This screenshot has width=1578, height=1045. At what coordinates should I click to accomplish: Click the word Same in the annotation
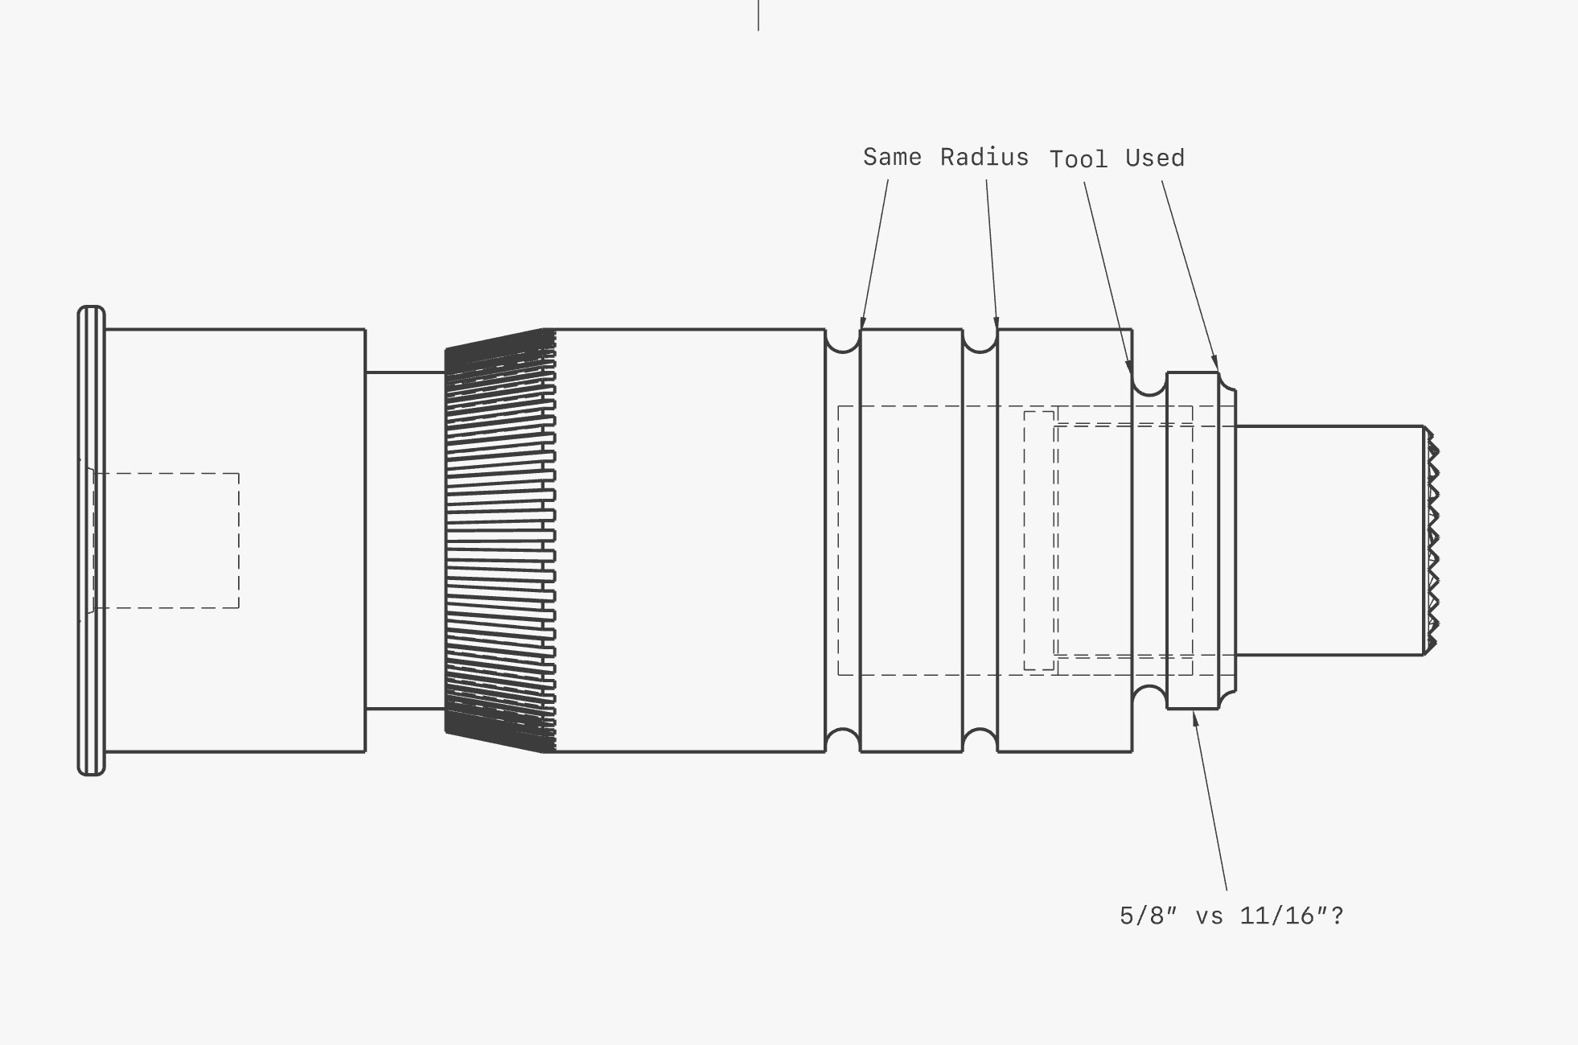pos(892,156)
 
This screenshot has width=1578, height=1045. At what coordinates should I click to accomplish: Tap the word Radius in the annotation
pos(984,157)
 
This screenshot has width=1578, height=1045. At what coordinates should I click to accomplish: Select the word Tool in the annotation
pos(1079,158)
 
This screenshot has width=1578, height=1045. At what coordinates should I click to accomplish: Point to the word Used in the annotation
pos(1155,158)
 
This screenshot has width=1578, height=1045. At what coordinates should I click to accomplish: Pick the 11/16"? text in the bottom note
pos(1292,915)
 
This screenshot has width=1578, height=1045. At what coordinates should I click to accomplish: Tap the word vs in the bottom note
pos(1209,916)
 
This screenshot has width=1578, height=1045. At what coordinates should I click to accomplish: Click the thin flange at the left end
pos(91,541)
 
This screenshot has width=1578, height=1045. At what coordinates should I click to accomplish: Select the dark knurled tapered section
pos(500,541)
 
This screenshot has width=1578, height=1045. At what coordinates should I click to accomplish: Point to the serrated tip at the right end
pos(1432,541)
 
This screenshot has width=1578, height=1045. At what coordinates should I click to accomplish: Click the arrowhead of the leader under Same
pos(863,321)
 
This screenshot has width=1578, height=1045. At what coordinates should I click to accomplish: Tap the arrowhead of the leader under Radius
pos(997,321)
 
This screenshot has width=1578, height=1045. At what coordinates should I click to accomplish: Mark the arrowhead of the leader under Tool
pos(1129,365)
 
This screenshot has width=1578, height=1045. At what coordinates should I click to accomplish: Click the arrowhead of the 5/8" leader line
pos(1195,718)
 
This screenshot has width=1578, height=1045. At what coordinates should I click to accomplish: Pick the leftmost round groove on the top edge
pos(843,341)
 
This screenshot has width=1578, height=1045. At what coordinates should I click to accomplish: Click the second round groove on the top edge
pos(980,341)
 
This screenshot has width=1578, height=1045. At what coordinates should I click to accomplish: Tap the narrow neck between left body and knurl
pos(405,541)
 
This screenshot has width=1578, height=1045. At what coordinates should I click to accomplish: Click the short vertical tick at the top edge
pos(758,15)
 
